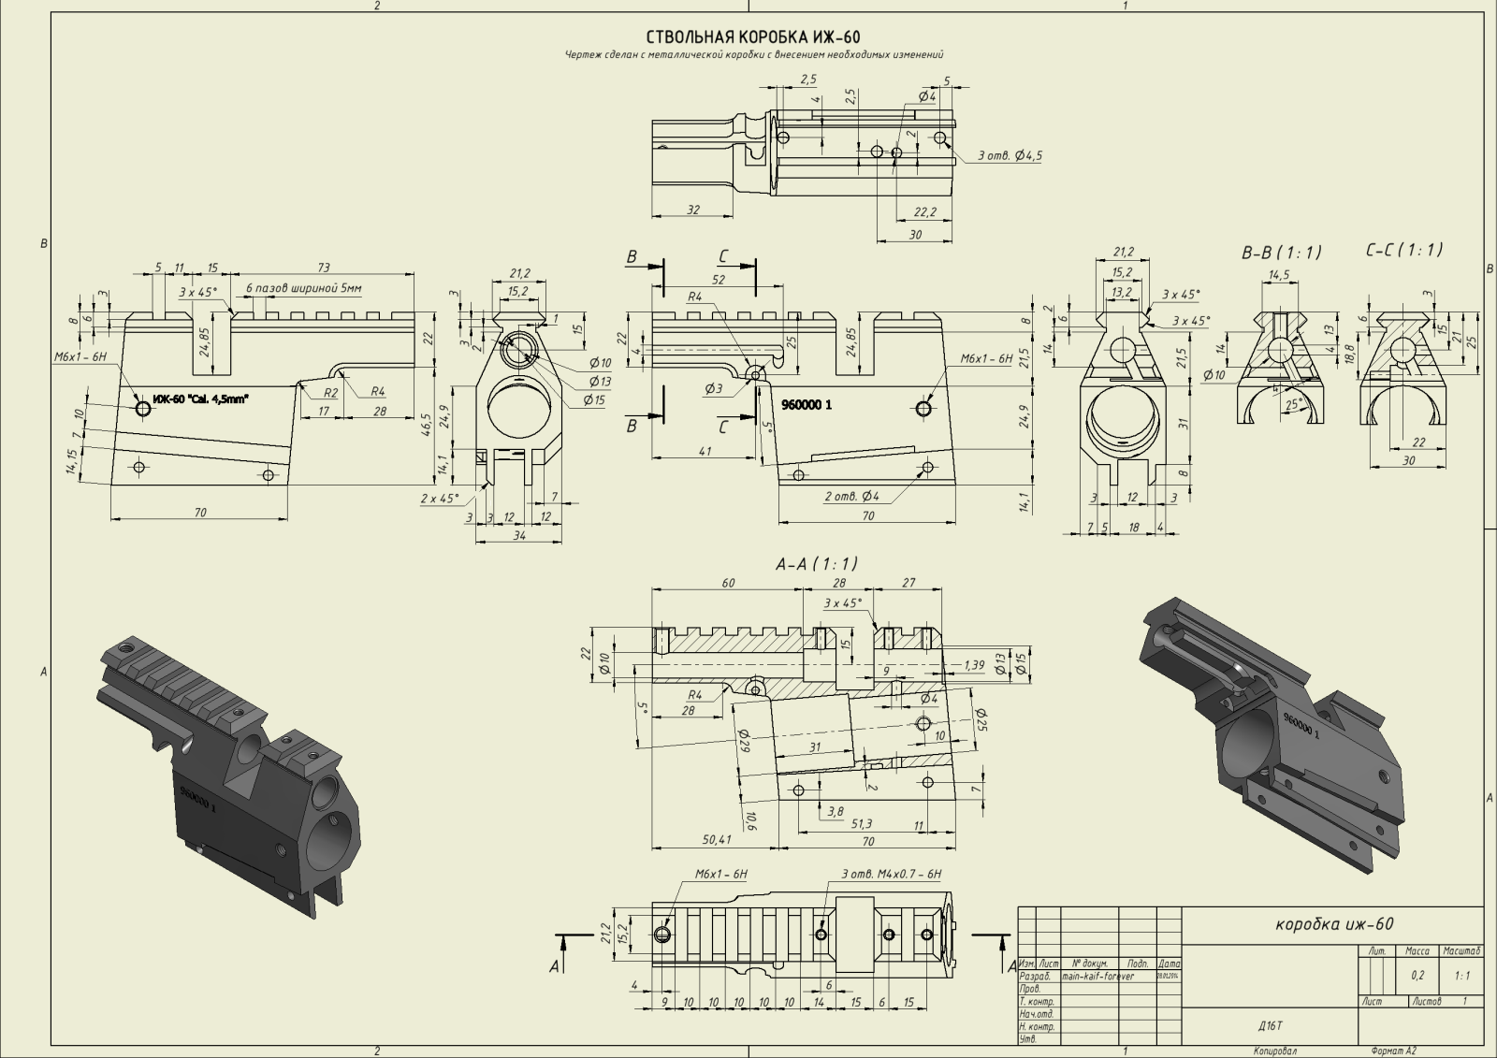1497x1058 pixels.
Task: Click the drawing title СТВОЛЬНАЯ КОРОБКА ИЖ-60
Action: [753, 37]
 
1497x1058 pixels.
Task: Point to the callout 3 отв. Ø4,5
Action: [1010, 155]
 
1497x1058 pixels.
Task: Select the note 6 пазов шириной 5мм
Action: [303, 288]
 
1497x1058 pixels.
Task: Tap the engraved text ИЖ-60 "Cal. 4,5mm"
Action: [201, 399]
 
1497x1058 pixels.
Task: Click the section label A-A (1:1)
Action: [816, 564]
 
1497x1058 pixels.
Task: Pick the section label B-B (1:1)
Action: [1281, 253]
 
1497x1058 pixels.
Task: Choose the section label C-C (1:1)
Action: [1403, 250]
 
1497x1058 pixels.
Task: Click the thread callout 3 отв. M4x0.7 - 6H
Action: [891, 874]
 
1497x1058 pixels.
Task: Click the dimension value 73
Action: [324, 268]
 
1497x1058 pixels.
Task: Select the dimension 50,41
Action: [717, 840]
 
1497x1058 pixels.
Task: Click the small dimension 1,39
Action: [973, 665]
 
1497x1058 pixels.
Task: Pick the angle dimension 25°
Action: [1294, 404]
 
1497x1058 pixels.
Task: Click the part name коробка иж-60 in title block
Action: [1334, 924]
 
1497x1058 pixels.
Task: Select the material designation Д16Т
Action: [1270, 1025]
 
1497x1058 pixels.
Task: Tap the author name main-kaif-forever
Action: [1098, 976]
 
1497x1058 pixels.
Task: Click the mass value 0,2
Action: [1417, 976]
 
